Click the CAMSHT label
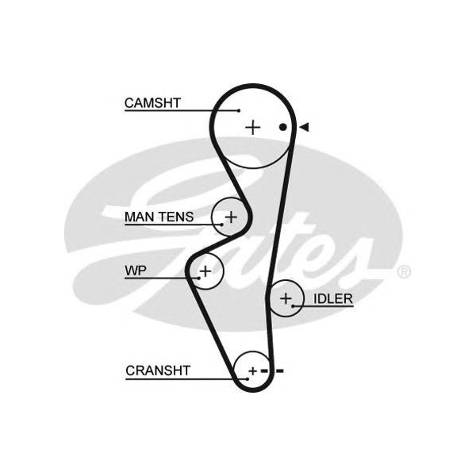[x=153, y=103]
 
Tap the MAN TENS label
[x=159, y=217]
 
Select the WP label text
[x=135, y=271]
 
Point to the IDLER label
[x=333, y=298]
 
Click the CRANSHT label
[x=158, y=370]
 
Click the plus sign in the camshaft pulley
[x=252, y=127]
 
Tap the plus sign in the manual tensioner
[x=231, y=216]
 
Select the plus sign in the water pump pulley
[x=205, y=271]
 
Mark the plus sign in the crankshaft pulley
[x=253, y=370]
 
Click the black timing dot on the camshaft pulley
[x=282, y=127]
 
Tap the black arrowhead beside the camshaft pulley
[x=304, y=127]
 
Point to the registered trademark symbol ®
[x=404, y=272]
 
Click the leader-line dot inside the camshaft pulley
[x=238, y=110]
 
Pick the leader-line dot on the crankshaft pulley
[x=247, y=378]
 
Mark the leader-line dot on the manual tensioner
[x=222, y=224]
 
